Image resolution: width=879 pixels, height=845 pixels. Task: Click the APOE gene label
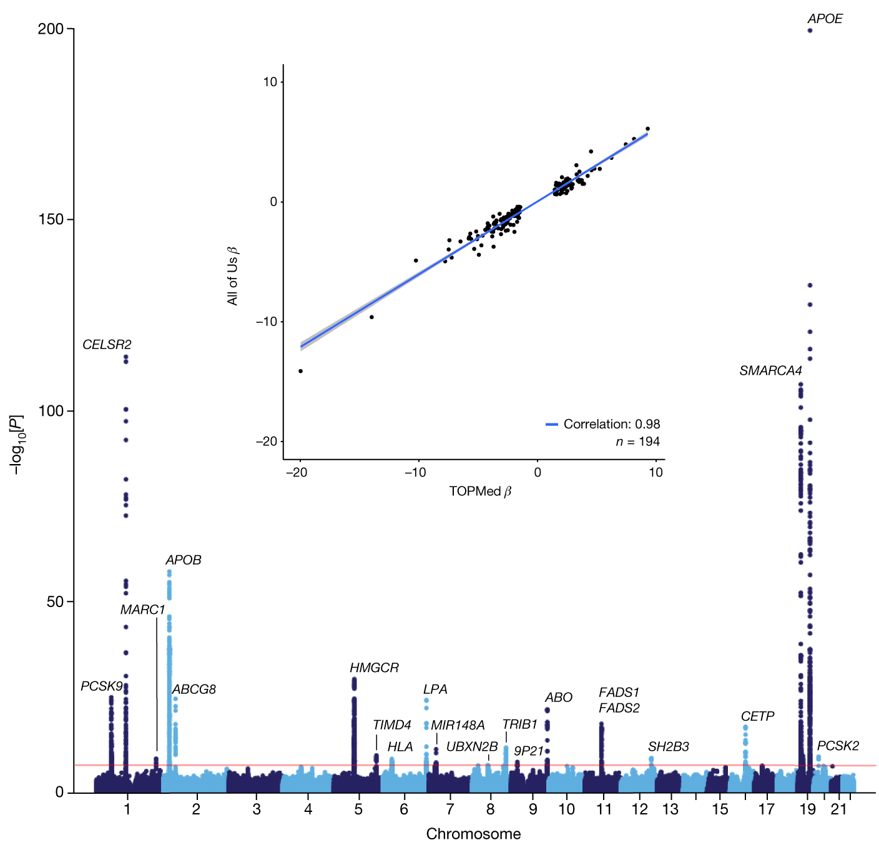coord(825,19)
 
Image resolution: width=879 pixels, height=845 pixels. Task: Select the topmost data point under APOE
coord(810,30)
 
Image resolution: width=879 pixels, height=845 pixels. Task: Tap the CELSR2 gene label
coord(107,345)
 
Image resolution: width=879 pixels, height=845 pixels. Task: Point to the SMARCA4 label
coord(770,371)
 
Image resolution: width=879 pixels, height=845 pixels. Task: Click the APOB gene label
coord(184,560)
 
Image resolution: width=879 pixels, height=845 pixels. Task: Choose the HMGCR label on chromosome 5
coord(374,668)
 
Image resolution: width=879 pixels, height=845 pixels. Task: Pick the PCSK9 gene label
coord(102,686)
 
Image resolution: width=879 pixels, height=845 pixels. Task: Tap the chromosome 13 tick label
coord(670,810)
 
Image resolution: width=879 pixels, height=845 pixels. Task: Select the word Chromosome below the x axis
coord(473,834)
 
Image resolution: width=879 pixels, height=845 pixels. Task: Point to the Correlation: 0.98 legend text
coord(611,425)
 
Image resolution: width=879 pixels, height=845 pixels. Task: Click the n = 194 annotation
coord(637,442)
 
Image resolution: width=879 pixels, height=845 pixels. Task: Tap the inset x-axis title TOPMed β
coord(480,492)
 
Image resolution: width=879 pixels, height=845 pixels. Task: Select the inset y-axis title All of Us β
coord(233,276)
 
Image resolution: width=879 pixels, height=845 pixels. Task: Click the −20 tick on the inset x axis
coord(296,473)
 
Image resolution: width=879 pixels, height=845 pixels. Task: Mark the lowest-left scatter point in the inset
coord(300,371)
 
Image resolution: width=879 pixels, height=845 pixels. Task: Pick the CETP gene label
coord(757,716)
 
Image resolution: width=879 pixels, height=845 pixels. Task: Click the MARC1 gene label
coord(143,610)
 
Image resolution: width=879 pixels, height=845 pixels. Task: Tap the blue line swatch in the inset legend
coord(551,425)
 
